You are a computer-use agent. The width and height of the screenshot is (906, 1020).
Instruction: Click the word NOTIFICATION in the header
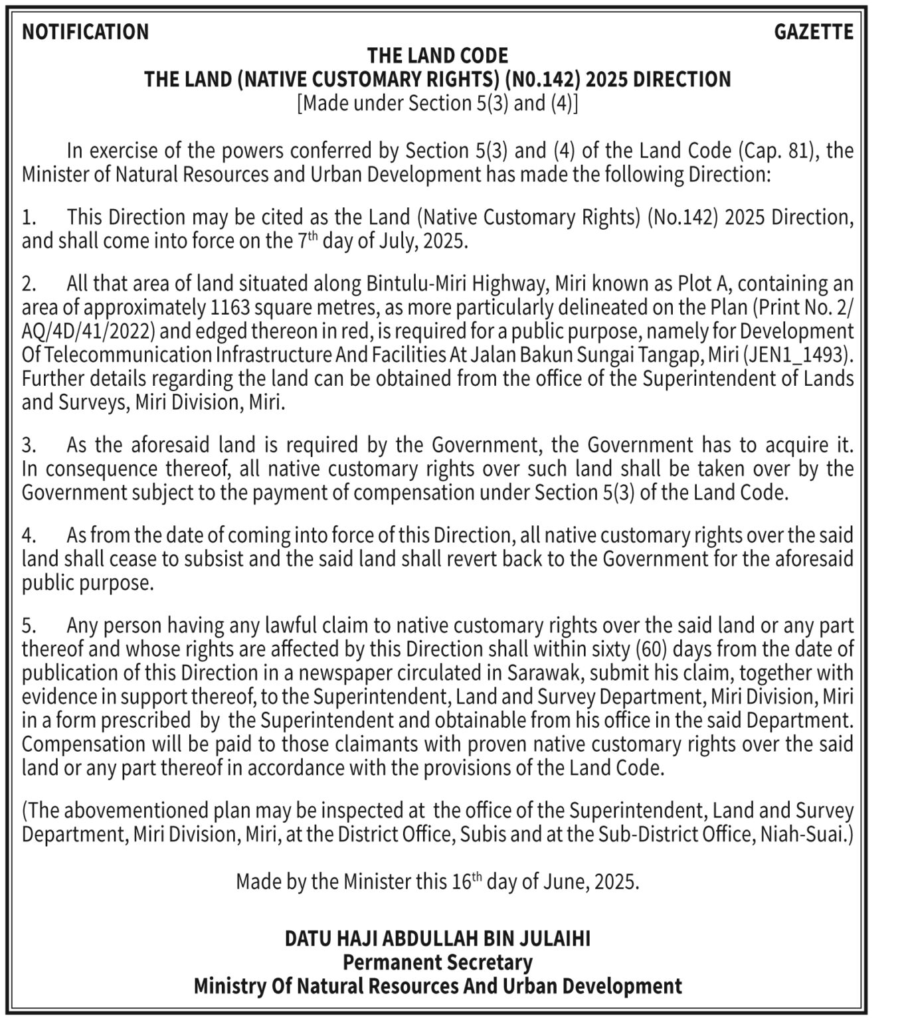(85, 32)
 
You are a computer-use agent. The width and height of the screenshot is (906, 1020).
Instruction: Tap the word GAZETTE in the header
(814, 32)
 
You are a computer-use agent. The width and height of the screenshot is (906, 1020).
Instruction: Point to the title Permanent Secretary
(438, 962)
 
